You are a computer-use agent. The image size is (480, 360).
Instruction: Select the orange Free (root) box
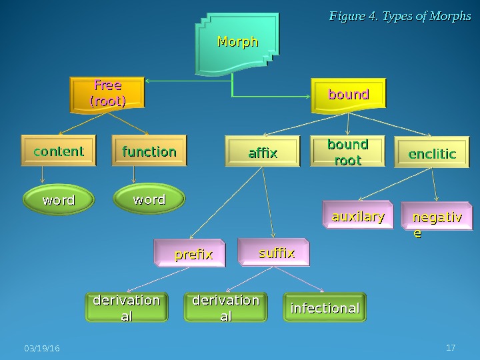click(x=107, y=94)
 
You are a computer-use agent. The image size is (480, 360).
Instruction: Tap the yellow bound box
click(x=349, y=95)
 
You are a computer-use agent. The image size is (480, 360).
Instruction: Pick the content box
click(x=59, y=151)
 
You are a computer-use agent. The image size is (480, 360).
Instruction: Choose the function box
click(x=149, y=151)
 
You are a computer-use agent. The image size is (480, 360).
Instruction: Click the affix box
click(x=263, y=154)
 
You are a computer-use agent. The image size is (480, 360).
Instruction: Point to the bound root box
click(x=347, y=153)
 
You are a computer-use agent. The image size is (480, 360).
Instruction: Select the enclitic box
click(x=432, y=154)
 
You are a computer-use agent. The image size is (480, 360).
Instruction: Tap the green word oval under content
click(x=59, y=200)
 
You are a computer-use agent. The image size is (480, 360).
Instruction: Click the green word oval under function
click(x=149, y=199)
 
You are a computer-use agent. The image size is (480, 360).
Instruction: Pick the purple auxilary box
click(x=358, y=217)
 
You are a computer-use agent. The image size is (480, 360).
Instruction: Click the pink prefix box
click(x=193, y=254)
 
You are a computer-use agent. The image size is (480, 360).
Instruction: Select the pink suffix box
click(x=276, y=253)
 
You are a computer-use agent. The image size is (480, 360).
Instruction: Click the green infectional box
click(x=325, y=308)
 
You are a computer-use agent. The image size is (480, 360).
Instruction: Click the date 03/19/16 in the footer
click(x=41, y=349)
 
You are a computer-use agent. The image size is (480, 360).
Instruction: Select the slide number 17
click(x=451, y=347)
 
